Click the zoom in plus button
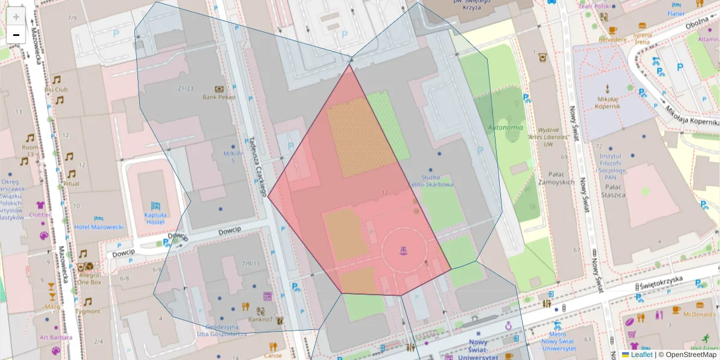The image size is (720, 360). [x=16, y=17]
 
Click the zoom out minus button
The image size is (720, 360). [x=16, y=35]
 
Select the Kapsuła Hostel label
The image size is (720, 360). [x=155, y=218]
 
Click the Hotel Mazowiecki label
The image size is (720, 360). [x=99, y=227]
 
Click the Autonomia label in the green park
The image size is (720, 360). [x=505, y=127]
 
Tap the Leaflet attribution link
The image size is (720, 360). [x=641, y=355]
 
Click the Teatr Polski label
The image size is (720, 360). [x=593, y=5]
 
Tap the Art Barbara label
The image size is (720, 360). [x=56, y=337]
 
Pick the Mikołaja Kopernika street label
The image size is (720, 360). [x=690, y=118]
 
